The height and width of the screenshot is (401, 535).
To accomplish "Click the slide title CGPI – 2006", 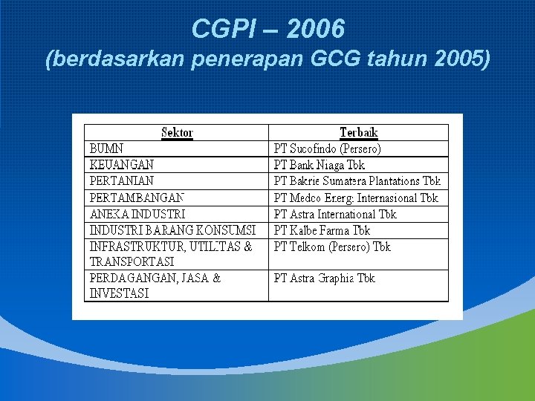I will tap(267, 29).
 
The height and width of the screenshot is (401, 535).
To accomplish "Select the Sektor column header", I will tap(177, 133).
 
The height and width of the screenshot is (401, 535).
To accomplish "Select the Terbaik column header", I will tap(358, 133).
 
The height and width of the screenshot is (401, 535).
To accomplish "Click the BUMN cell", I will tap(107, 149).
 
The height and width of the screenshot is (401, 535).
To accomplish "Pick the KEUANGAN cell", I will tap(122, 165).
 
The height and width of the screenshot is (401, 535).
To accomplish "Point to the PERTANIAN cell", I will tap(122, 180).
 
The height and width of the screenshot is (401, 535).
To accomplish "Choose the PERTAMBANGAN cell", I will tap(137, 198).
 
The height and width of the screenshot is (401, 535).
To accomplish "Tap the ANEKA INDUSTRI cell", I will tap(137, 214).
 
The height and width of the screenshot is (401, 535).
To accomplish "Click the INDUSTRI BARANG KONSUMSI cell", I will tap(172, 230).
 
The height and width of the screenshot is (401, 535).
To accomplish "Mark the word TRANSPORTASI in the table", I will tap(132, 261).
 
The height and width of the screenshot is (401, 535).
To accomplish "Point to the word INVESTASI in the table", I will tap(119, 293).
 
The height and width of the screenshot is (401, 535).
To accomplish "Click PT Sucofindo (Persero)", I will tap(327, 149).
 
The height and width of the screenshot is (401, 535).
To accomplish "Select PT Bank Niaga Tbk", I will tap(320, 165).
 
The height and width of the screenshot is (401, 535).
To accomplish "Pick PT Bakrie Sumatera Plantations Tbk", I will tap(357, 180).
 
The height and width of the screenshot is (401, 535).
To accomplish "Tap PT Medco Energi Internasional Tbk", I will tap(356, 198).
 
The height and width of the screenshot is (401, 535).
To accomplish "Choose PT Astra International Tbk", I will tap(335, 214).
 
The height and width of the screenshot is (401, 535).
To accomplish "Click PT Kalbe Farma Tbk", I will tap(322, 230).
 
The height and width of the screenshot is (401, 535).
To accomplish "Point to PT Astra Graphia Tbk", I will tap(325, 278).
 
